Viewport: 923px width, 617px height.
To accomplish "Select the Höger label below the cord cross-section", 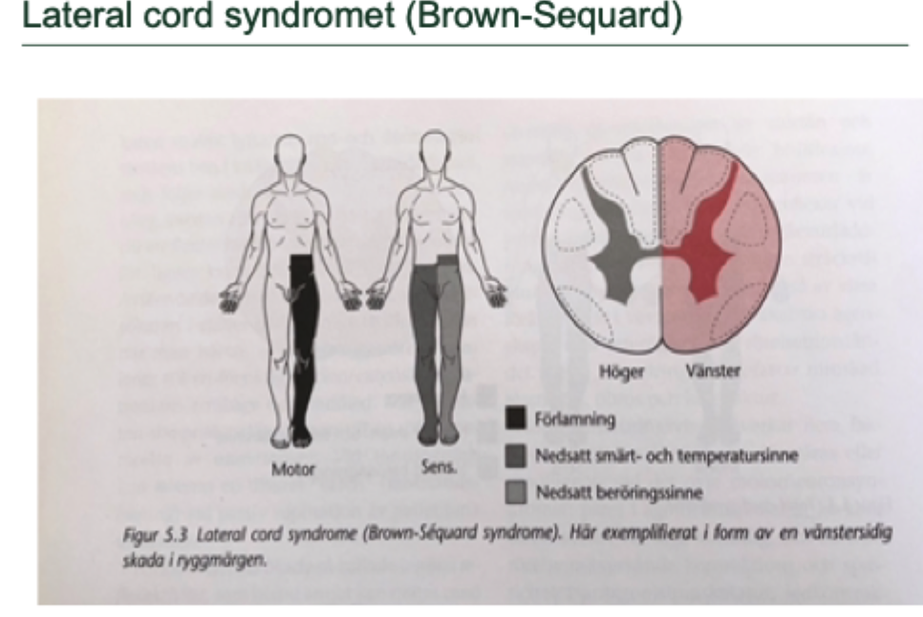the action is tap(620, 372).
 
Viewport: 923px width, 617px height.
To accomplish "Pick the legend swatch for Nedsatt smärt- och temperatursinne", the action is tap(514, 457).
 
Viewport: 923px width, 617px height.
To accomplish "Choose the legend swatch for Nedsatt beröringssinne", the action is tap(514, 494).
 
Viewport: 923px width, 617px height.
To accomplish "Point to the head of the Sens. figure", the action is tap(436, 152).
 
